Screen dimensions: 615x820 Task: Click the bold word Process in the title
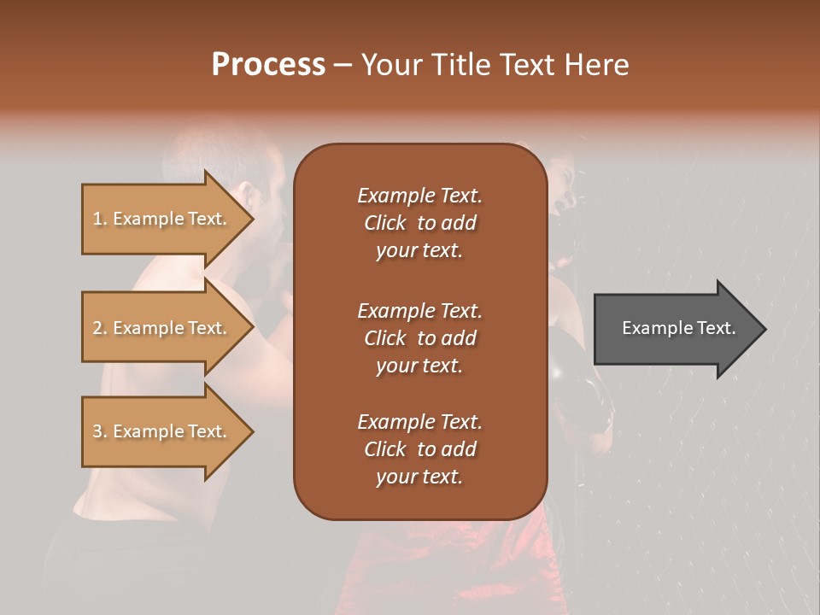[x=268, y=65]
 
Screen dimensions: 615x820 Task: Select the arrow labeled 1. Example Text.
[x=162, y=219]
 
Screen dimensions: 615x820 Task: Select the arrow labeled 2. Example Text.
[x=162, y=328]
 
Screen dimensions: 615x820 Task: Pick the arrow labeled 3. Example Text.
[x=162, y=431]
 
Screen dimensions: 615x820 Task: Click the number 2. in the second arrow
[x=100, y=328]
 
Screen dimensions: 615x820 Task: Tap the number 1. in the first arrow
[x=100, y=219]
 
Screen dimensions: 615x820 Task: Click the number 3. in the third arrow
[x=100, y=431]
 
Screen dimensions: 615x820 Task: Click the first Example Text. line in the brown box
[x=419, y=196]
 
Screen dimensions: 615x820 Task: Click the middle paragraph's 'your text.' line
[x=419, y=366]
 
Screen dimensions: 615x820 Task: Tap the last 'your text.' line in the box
[x=419, y=477]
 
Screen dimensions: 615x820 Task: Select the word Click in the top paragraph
[x=385, y=223]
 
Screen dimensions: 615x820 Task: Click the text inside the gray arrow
[x=678, y=328]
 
